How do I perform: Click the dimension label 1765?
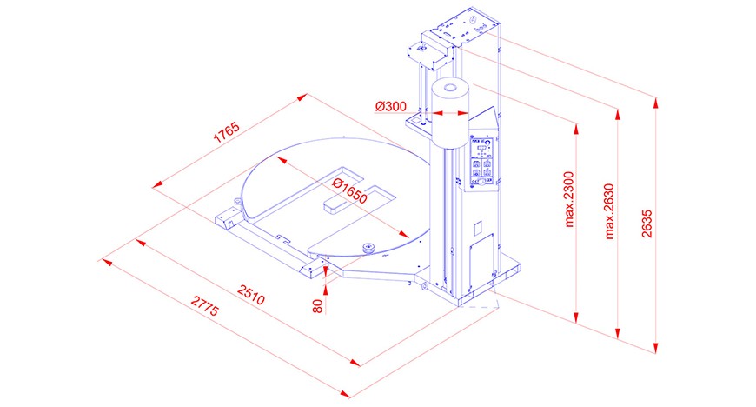pos(226,133)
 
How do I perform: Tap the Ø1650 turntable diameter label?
pos(350,191)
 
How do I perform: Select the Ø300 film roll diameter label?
pos(390,106)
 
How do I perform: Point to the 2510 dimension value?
pos(251,295)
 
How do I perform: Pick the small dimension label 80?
pos(317,306)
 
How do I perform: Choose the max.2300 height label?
pos(569,199)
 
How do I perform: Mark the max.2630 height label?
pos(609,211)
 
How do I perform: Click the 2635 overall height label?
pos(647,223)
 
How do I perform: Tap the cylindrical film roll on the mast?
pos(450,113)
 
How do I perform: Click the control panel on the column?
pos(482,163)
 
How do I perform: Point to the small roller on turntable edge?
pos(370,248)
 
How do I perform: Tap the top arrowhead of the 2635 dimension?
pos(655,103)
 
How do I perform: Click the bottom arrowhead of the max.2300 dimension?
pos(575,317)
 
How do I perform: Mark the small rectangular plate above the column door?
pos(478,229)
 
